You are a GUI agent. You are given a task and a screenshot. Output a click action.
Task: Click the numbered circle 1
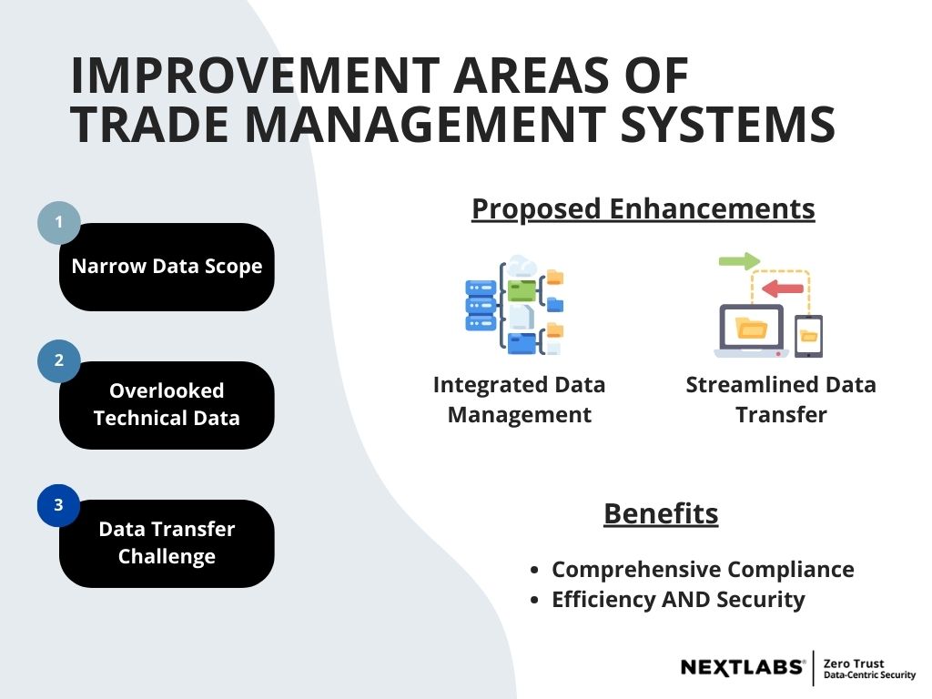[x=59, y=222]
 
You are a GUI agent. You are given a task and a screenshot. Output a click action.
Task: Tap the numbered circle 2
[x=59, y=360]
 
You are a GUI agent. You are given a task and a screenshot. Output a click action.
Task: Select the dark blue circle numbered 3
[x=59, y=505]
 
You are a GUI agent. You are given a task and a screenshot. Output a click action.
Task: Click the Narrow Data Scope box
[x=167, y=267]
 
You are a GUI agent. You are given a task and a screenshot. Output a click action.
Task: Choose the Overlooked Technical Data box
[x=167, y=405]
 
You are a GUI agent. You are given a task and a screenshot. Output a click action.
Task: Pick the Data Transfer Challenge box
[x=167, y=543]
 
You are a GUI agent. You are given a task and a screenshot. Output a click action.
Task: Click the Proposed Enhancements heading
[x=643, y=209]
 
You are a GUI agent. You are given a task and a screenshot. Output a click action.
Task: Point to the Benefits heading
[x=661, y=514]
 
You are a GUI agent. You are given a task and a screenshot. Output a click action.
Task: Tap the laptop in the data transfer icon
[x=750, y=330]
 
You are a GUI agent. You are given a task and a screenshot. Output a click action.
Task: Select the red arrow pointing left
[x=783, y=289]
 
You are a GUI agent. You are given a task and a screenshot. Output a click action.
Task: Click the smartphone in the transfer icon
[x=808, y=336]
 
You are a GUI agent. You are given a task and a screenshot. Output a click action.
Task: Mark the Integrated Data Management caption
[x=519, y=400]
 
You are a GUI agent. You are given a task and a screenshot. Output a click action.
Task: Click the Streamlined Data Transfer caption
[x=781, y=400]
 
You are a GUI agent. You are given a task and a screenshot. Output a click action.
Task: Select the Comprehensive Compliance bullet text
[x=703, y=570]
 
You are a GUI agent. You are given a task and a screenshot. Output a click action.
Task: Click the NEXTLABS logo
[x=743, y=668]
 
